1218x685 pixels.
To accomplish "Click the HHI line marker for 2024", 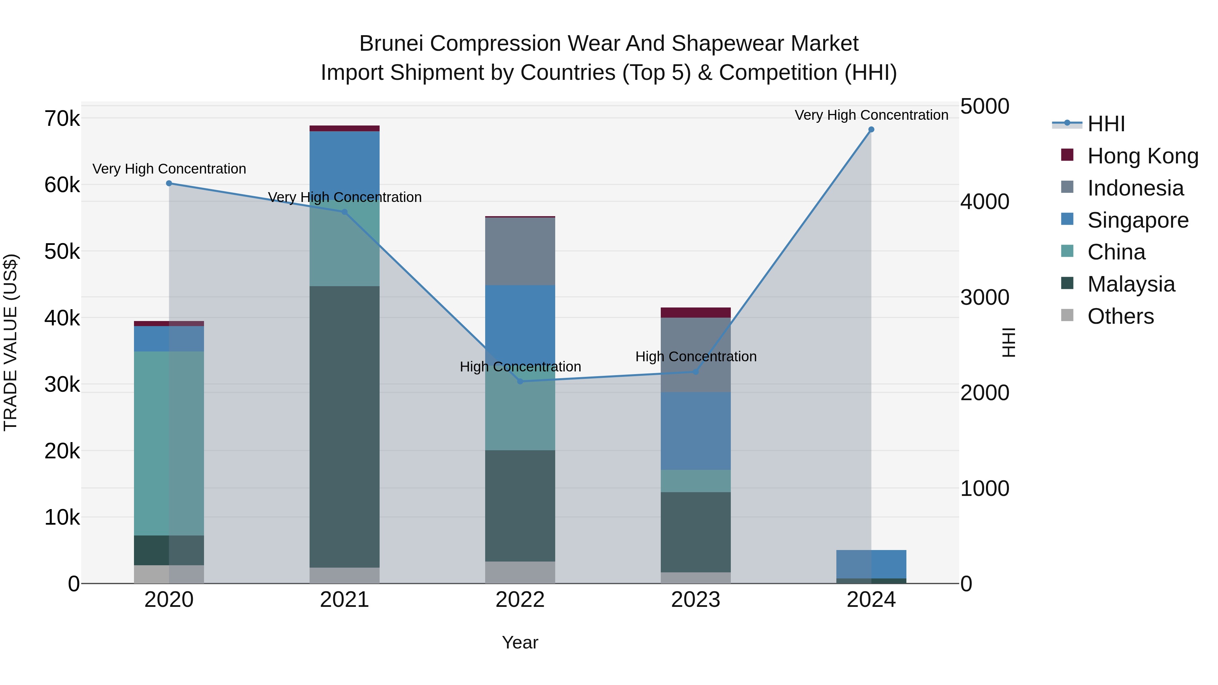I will (871, 130).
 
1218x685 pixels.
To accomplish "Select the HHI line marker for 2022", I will (520, 381).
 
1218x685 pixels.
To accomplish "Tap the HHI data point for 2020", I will (169, 183).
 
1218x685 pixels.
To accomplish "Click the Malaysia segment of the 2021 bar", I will (344, 426).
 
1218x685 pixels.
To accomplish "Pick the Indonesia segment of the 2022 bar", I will (520, 251).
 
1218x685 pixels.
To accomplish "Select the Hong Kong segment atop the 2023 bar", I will (696, 313).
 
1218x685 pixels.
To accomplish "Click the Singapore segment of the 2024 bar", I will (871, 564).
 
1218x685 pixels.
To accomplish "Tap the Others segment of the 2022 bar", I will (520, 572).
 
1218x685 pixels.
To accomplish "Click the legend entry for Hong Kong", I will (1142, 156).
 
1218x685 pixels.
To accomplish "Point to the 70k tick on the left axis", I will (62, 119).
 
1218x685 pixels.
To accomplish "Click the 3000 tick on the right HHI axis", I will (985, 297).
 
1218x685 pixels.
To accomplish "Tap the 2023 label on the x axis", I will (696, 600).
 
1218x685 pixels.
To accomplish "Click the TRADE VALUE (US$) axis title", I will (10, 342).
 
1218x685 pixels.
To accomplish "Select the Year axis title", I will (520, 642).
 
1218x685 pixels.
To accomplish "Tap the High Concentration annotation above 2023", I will (696, 357).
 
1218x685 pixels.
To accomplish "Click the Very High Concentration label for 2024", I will (871, 115).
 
